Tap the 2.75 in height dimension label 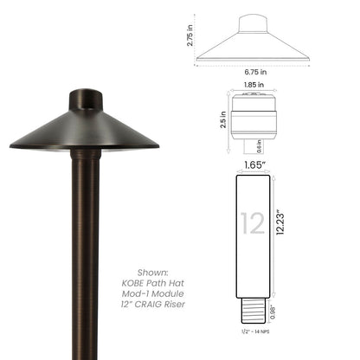(190, 35)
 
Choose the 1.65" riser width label (254, 162)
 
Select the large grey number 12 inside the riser (254, 224)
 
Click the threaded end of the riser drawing (254, 300)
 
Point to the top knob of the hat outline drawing (253, 19)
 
